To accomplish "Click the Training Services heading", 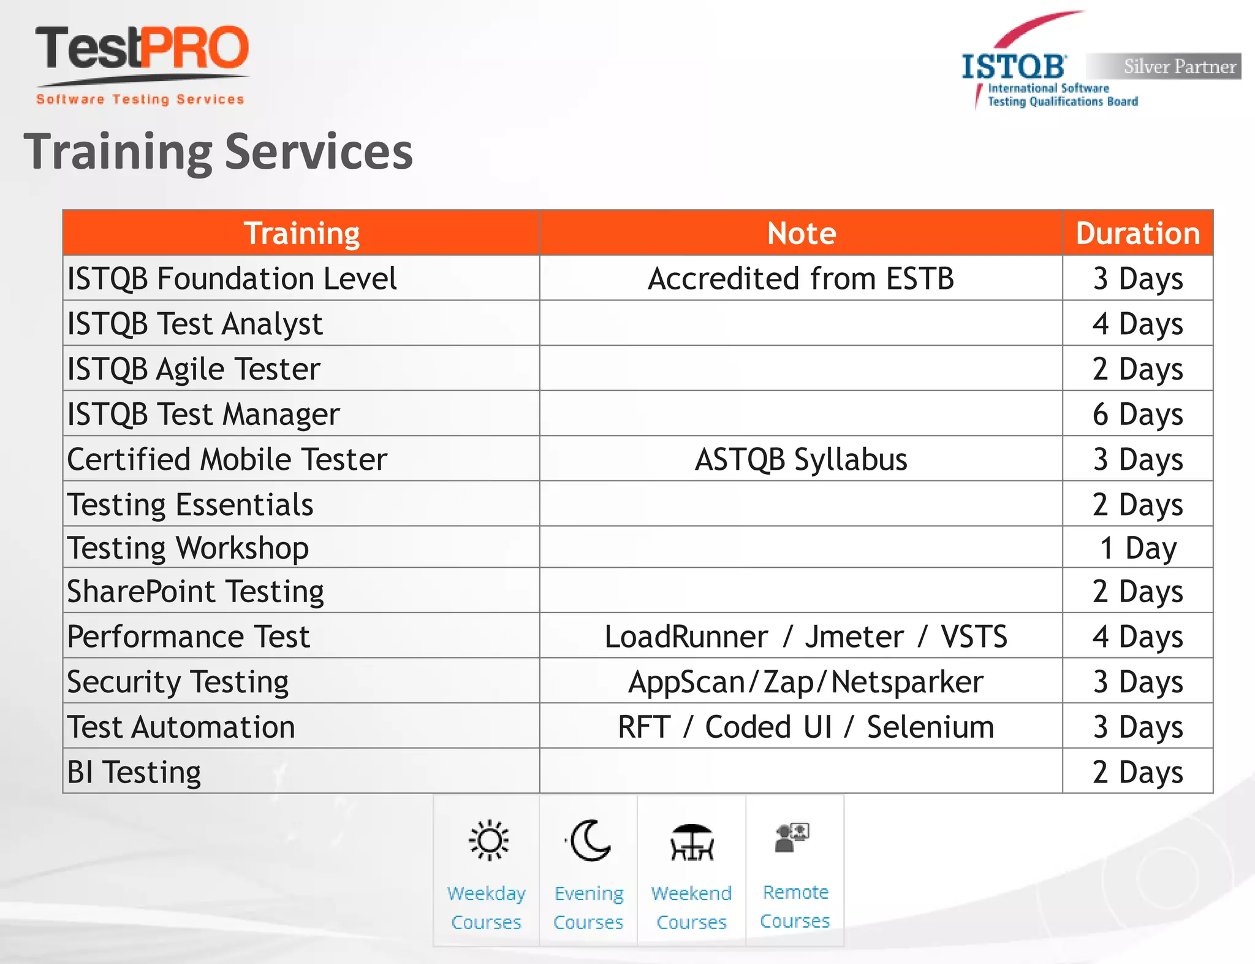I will click(218, 152).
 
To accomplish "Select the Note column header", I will click(801, 233).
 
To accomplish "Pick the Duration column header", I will click(1137, 233).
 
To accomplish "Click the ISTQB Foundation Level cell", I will click(232, 278).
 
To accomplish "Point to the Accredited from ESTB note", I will click(801, 278).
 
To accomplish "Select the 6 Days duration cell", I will click(1137, 414).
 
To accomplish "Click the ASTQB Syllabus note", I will click(801, 459).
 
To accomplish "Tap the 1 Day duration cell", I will click(1137, 548).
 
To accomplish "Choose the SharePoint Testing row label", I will click(195, 591).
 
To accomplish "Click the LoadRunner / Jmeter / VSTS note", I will click(805, 637).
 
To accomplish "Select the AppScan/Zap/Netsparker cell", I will click(805, 682).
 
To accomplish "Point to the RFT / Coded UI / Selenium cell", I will click(805, 727).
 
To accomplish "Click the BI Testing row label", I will click(134, 772).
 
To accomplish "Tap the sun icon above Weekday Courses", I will click(488, 840).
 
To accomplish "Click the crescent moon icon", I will click(590, 840).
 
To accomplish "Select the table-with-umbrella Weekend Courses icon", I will click(692, 843).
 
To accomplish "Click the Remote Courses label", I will click(795, 906).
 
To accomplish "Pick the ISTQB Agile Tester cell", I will click(194, 369).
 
